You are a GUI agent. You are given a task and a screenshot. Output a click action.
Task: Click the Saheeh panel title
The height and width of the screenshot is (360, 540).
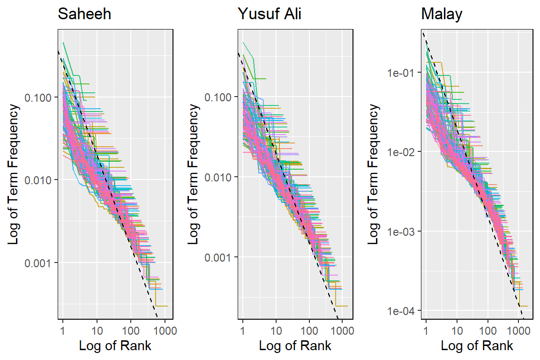coord(84,14)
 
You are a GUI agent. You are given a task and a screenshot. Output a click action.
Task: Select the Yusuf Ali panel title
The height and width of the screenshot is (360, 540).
coord(270,14)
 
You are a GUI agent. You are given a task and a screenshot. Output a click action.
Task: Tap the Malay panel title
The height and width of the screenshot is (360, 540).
coord(442,14)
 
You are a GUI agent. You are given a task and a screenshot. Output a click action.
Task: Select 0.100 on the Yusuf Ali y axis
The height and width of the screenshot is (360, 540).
coord(221,97)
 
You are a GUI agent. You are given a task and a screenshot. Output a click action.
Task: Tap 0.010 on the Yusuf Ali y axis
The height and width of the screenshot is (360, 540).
coord(221,177)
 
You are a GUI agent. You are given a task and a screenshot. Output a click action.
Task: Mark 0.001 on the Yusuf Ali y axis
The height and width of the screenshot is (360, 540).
coord(221,257)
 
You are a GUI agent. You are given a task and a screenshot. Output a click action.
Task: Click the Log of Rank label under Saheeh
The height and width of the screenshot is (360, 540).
coord(115,346)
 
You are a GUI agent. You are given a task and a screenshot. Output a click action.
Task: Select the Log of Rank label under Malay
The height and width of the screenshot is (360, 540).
coord(477,346)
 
